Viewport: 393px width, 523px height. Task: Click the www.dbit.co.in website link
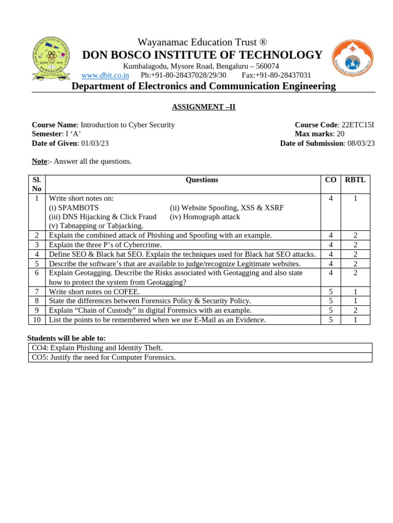[x=105, y=75]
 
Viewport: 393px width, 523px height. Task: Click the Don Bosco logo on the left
[x=51, y=58]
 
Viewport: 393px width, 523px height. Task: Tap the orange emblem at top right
[x=353, y=58]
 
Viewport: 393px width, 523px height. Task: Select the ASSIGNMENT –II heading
[x=203, y=107]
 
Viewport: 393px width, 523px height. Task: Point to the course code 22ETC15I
[x=358, y=125]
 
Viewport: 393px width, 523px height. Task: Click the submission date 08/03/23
[x=361, y=143]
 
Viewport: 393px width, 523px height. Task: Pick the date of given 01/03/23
[x=95, y=143]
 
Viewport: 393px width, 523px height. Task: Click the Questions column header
[x=202, y=180]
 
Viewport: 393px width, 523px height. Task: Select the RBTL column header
[x=355, y=180]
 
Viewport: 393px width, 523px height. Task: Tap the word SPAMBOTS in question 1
[x=79, y=208]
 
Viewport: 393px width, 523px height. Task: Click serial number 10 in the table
[x=37, y=320]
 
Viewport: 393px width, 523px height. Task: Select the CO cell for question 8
[x=331, y=301]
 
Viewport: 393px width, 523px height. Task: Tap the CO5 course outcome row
[x=200, y=358]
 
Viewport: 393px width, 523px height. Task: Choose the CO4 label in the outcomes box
[x=39, y=348]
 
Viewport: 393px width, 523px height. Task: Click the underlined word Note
[x=39, y=161]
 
